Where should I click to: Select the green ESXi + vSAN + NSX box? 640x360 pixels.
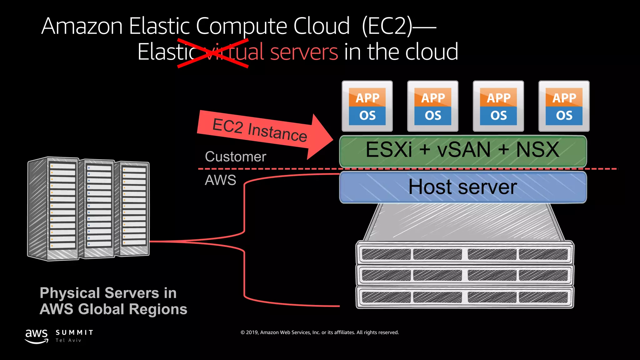coord(463,151)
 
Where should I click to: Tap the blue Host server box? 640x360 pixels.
coord(463,187)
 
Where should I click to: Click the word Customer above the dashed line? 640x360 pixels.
coord(235,157)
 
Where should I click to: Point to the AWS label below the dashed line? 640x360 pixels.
coord(220,180)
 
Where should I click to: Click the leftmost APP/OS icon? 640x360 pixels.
coord(367,106)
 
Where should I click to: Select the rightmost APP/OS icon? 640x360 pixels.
coord(564,106)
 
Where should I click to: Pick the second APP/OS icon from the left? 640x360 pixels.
coord(433,106)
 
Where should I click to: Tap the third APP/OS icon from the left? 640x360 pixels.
coord(498,106)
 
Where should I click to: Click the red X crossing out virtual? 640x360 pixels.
coord(213,53)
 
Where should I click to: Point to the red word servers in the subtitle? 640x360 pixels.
coord(304,52)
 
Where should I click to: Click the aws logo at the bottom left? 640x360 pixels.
coord(37,336)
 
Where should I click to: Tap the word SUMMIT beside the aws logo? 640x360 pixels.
coord(74,332)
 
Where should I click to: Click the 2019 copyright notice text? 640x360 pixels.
coord(319,332)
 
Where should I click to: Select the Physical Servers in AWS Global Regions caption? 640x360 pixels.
coord(113,301)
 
